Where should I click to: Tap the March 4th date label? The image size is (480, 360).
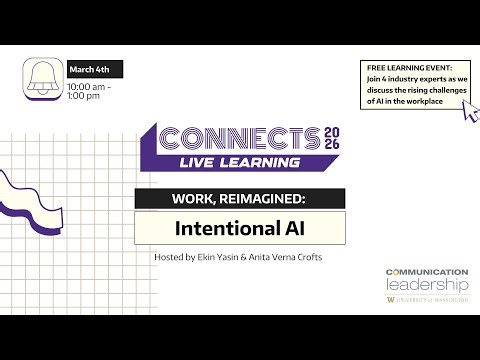[x=95, y=70]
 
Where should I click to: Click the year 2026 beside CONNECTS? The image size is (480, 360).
[x=333, y=139]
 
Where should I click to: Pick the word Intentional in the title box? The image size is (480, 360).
[x=226, y=227]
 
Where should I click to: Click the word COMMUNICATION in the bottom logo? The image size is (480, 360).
[x=426, y=271]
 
